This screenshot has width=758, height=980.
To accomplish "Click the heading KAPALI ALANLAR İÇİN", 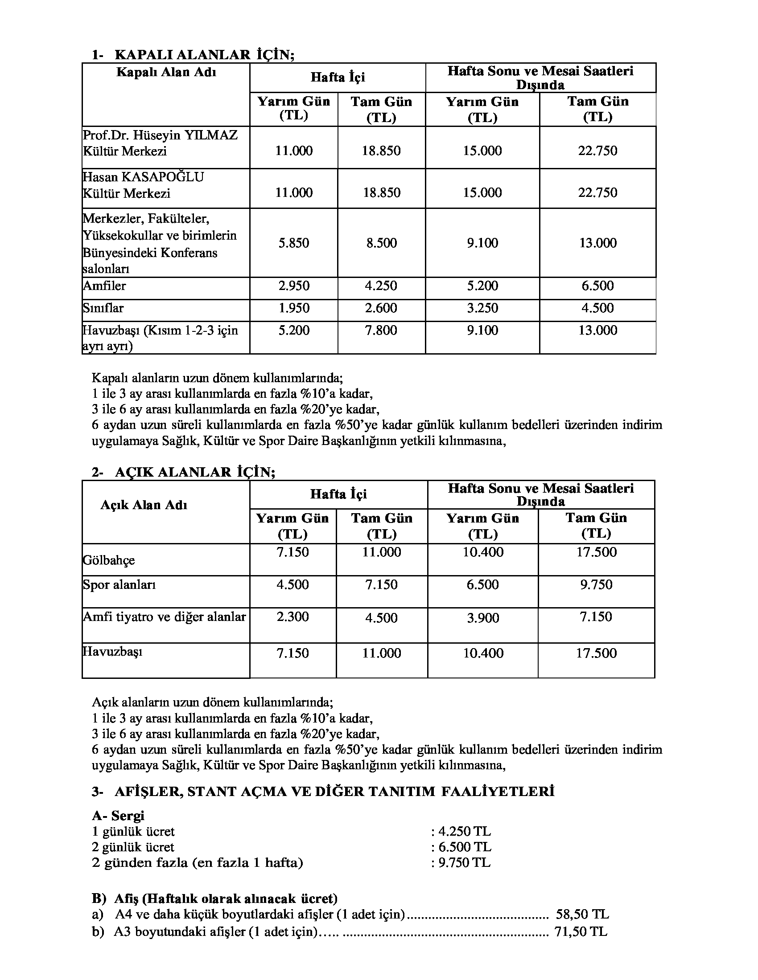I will coord(204,55).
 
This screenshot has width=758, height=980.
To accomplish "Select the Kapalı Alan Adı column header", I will coord(166,72).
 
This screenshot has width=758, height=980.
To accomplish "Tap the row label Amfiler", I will coord(105,286).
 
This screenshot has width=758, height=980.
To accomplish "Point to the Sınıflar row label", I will coord(103,308).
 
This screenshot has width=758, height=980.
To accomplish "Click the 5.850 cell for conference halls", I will coord(294,243).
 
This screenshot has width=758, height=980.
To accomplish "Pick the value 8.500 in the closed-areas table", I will coord(381,243).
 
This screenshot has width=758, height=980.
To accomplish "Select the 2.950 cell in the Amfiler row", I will coord(294,286).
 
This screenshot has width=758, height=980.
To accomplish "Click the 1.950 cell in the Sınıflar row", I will coord(294,308).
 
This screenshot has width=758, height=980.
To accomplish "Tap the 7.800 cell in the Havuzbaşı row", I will coord(381,331).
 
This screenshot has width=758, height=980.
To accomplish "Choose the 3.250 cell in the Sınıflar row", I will coord(482,308).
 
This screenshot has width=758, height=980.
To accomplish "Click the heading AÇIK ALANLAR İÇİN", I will coord(195,473).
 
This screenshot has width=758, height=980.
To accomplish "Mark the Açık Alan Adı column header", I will coord(144,505).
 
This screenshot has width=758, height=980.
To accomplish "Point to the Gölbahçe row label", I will coord(109,560).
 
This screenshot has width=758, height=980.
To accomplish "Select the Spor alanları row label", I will coord(119,585).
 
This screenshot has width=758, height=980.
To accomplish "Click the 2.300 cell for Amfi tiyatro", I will coord(293,617).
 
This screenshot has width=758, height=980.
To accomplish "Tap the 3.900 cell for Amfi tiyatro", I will coord(483,618).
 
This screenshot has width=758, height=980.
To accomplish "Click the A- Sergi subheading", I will coord(118,815).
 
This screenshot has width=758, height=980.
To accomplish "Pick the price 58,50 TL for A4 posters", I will coord(582,915).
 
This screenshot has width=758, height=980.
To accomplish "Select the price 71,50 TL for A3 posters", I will coord(581,932).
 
